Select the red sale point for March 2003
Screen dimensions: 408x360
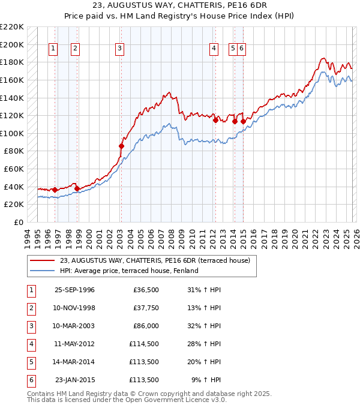pos(121,146)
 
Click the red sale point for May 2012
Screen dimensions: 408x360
pos(215,120)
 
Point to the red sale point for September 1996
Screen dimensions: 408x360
pos(55,190)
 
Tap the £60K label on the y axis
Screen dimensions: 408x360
pos(14,169)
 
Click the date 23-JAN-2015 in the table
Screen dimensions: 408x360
pos(74,380)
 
